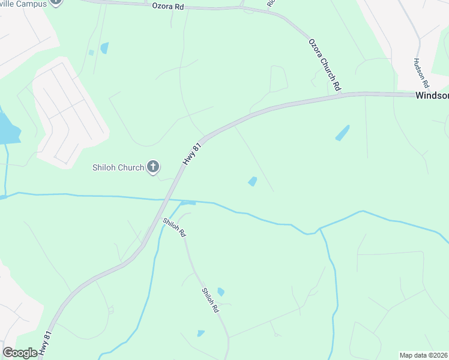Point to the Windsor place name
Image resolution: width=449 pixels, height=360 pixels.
(x=432, y=95)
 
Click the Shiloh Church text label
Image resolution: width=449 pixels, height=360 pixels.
(x=118, y=167)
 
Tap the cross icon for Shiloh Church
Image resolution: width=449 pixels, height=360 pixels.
(x=153, y=167)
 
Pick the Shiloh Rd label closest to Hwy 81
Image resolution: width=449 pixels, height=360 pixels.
(x=173, y=226)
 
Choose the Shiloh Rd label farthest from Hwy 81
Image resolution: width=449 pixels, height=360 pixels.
(x=210, y=300)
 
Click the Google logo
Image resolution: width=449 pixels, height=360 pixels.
(x=20, y=353)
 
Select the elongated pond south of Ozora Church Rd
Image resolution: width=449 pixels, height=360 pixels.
(x=342, y=133)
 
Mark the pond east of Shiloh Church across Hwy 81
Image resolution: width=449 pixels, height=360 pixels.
(x=253, y=181)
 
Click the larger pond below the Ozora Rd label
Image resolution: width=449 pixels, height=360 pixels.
(x=104, y=48)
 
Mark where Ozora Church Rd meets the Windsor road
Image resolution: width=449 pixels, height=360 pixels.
(x=340, y=94)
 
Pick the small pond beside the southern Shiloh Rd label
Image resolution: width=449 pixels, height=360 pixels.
(x=221, y=292)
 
